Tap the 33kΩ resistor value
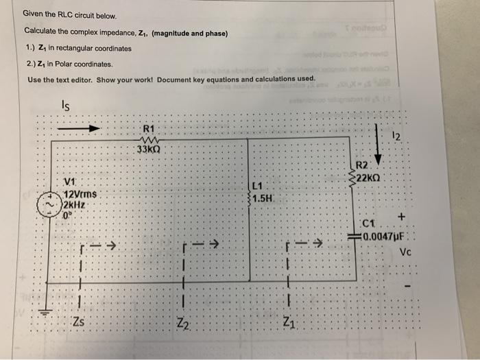pos(148,150)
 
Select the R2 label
pos(363,166)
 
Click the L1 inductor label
pos(258,186)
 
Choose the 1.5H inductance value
pos(263,199)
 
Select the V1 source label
pos(68,182)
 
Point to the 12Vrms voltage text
pos(80,194)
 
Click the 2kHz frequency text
pos(73,204)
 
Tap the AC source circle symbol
pos(48,204)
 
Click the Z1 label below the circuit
pos(289,324)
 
